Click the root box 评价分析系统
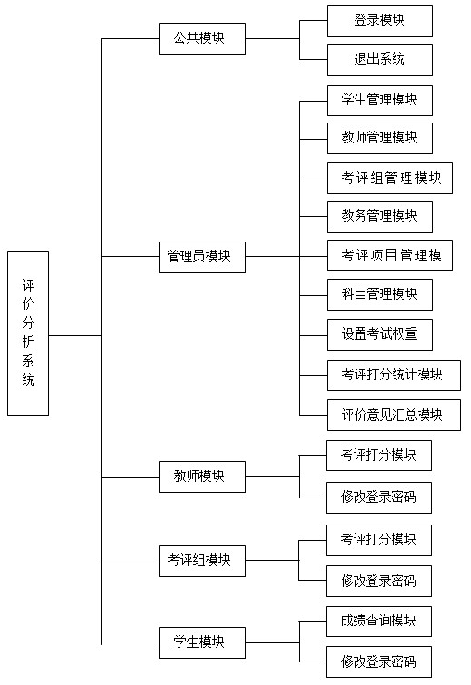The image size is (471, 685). coord(28,333)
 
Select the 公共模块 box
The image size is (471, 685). coord(203,39)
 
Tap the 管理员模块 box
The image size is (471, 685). coord(203,256)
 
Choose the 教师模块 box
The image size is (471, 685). coord(203,476)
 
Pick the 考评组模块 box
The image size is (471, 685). coord(203,560)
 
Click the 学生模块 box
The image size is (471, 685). coord(203,643)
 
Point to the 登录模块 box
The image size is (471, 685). coord(379,21)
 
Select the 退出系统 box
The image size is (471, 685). coord(379,59)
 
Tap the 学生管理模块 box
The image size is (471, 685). coord(379,99)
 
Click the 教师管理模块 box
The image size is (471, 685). coord(379,138)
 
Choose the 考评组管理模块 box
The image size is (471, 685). coord(389,178)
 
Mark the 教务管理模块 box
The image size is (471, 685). coord(379,216)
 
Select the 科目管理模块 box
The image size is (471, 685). coord(379,295)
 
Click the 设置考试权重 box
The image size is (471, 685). coord(379,334)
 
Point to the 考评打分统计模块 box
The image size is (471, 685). coord(392,374)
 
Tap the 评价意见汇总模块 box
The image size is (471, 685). coord(392,415)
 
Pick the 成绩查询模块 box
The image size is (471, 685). coord(379,621)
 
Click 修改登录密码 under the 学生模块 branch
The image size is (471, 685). coord(379,662)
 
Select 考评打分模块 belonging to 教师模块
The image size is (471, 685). coord(379,455)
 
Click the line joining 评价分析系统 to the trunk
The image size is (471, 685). coord(75,335)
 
